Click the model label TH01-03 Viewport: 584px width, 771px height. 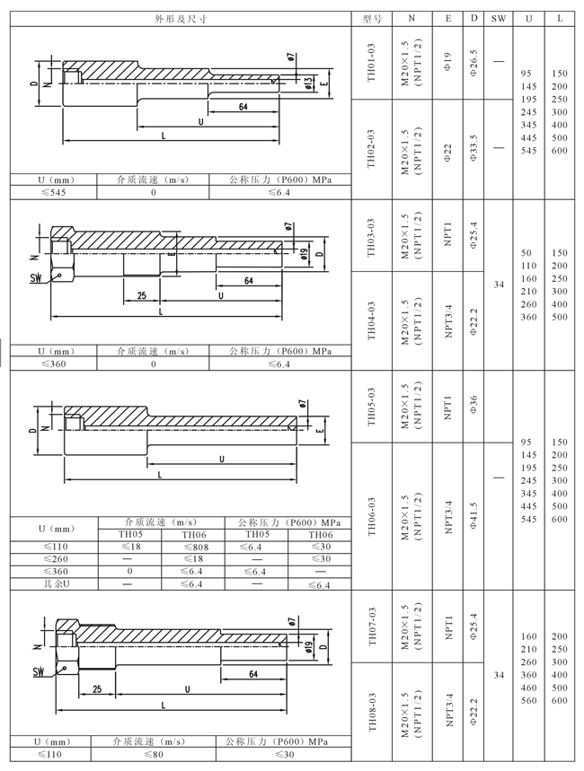click(x=371, y=63)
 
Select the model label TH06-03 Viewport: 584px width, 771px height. click(x=371, y=516)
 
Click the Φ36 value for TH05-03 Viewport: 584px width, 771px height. click(x=473, y=405)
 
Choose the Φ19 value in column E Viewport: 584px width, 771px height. click(x=448, y=63)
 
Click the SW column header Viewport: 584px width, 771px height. click(x=499, y=19)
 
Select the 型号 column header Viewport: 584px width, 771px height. click(x=372, y=19)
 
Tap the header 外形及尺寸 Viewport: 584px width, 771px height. click(x=181, y=19)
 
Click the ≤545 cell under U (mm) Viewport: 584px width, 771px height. click(x=54, y=192)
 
